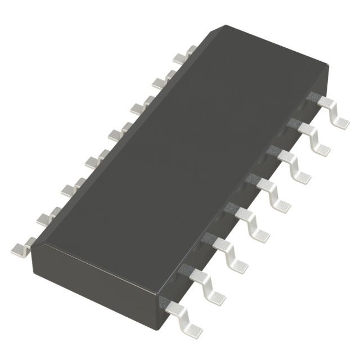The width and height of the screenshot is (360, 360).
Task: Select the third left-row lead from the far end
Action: [x=141, y=105]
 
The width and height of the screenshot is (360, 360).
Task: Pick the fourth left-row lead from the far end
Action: [x=119, y=131]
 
